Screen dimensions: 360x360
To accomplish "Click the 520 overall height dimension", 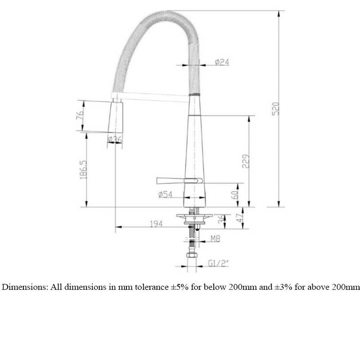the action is [x=276, y=108].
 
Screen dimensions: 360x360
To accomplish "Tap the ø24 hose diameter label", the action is [x=222, y=62].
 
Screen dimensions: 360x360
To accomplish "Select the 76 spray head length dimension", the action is [x=80, y=116].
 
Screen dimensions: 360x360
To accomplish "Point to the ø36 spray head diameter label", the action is [x=115, y=139].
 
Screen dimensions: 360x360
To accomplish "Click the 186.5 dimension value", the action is [x=83, y=170].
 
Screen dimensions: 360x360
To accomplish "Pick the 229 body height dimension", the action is [x=246, y=161].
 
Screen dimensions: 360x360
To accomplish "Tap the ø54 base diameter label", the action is [x=165, y=194].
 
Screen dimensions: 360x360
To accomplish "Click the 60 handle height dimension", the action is [x=234, y=195].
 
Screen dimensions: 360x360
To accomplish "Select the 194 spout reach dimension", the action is [x=156, y=223].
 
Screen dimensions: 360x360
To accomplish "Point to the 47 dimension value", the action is [x=239, y=218].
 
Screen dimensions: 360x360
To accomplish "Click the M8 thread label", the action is [x=216, y=239].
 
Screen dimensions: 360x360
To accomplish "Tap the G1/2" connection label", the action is [x=219, y=263].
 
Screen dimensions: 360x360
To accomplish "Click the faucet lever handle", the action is [x=180, y=181].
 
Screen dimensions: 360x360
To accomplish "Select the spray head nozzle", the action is [x=116, y=117].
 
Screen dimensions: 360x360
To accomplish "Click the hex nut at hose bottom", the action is [x=191, y=255].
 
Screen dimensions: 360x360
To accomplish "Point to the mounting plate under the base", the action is [x=194, y=216].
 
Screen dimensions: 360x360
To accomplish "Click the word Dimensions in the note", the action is [x=24, y=287].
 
